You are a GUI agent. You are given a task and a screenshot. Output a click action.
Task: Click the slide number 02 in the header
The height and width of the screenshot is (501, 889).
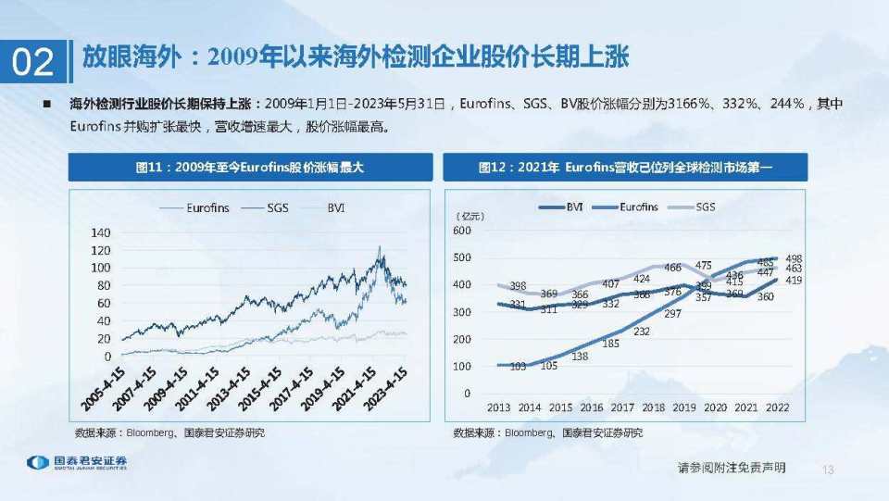coord(32,62)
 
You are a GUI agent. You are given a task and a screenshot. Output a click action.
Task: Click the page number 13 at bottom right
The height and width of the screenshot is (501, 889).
coord(828,470)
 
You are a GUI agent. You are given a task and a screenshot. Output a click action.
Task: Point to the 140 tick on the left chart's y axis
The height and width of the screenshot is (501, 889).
coord(99,232)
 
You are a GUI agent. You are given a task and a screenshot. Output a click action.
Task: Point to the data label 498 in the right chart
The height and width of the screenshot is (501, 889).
coord(793,258)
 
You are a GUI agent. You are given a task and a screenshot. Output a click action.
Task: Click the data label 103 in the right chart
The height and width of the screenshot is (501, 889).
coord(518,367)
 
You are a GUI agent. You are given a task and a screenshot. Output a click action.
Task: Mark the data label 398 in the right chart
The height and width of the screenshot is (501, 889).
coord(518,285)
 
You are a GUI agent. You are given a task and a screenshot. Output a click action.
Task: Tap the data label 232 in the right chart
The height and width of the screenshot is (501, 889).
coord(641,331)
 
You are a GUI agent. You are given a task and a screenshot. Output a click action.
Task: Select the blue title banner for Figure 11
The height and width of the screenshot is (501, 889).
coord(248,168)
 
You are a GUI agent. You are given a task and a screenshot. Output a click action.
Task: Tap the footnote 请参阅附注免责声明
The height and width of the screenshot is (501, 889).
coord(732,469)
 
